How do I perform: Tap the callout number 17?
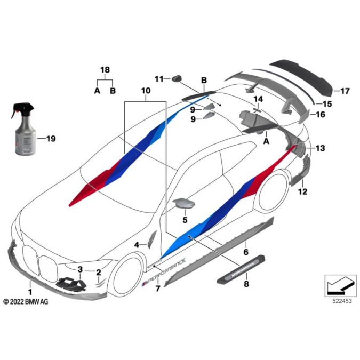point(345,92)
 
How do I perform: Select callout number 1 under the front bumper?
point(30,292)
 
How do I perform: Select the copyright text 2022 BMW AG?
point(26,302)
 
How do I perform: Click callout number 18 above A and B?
point(105,70)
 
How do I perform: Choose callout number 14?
point(258,99)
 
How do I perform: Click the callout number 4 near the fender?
point(137,244)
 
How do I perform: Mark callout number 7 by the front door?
point(157,289)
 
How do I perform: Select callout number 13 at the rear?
point(319,148)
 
